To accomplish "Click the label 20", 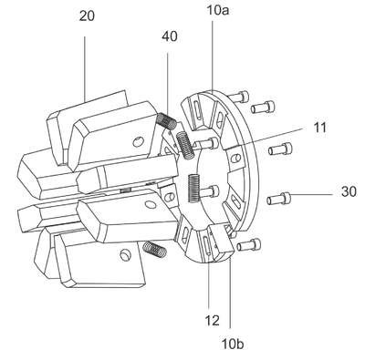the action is (x=87, y=16).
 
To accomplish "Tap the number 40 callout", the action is (x=170, y=36).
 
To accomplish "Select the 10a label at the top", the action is (x=218, y=10).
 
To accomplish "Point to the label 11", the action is (x=319, y=128).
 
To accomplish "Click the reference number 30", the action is (x=349, y=192).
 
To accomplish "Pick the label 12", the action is (x=212, y=320).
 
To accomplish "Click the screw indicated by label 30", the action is (x=278, y=199).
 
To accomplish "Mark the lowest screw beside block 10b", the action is (x=249, y=244).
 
